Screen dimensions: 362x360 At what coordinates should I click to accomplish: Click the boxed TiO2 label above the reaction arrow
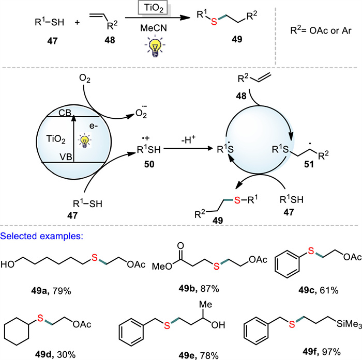click(154, 9)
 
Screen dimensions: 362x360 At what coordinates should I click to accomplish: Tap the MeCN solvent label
click(154, 28)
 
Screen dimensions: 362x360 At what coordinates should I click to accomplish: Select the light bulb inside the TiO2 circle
click(85, 140)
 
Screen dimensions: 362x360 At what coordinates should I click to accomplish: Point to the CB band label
click(65, 113)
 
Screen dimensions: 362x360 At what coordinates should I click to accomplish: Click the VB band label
click(66, 157)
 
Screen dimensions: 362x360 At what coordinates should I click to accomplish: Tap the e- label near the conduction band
click(94, 126)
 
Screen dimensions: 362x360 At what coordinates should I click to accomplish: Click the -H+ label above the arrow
click(188, 139)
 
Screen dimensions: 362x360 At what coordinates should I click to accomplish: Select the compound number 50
click(149, 164)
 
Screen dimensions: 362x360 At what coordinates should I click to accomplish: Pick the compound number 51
click(309, 164)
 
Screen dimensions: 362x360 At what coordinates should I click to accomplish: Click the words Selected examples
click(42, 236)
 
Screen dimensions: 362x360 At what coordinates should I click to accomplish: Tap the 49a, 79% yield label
click(51, 291)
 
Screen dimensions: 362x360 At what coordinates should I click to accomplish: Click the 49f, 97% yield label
click(322, 352)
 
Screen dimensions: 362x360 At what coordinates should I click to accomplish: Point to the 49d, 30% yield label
click(55, 354)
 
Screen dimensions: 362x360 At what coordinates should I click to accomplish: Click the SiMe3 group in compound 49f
click(349, 324)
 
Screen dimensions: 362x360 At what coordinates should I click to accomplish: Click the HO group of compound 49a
click(7, 264)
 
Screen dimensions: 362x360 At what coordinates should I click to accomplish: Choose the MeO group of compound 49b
click(162, 267)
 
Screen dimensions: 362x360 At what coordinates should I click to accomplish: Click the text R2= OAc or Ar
click(321, 30)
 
